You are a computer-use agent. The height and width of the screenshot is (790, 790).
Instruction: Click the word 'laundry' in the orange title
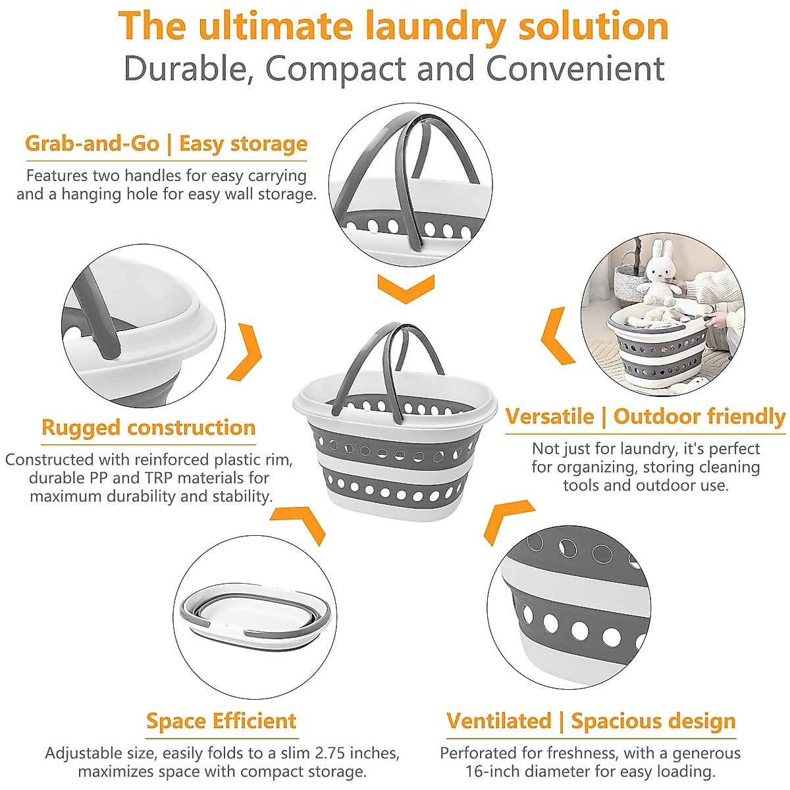pos(434,28)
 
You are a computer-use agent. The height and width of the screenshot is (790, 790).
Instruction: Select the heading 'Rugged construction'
pos(148,428)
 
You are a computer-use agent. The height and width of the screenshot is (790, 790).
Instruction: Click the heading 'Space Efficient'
pos(221,721)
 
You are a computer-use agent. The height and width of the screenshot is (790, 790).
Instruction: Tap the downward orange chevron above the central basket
pos(406,288)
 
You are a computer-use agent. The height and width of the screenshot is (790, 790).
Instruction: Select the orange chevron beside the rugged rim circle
pos(245,352)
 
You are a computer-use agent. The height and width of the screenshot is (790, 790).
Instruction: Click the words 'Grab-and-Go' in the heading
pos(92,144)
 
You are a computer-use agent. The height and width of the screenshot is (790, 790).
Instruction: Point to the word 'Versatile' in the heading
pos(550,417)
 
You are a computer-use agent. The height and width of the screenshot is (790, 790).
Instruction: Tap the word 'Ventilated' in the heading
pos(498,721)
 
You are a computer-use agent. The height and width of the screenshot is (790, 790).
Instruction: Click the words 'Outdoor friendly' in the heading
pos(699,417)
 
